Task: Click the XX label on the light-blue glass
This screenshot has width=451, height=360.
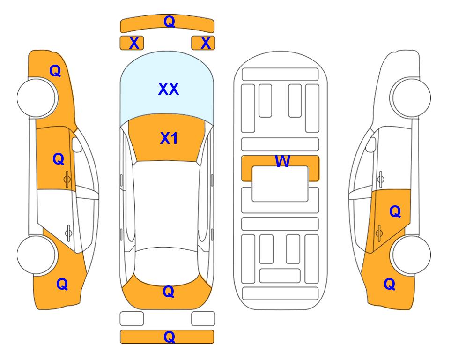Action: tap(169, 89)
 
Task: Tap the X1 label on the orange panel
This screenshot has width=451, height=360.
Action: tap(169, 138)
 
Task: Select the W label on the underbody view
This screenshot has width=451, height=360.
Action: tap(282, 161)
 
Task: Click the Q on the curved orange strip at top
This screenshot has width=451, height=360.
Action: tap(169, 21)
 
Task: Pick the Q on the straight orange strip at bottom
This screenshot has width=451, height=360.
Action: tap(169, 337)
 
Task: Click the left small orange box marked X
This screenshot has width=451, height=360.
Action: tap(132, 43)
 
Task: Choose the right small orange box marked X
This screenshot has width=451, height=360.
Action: tap(203, 43)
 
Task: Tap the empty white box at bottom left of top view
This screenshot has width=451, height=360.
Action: tap(132, 319)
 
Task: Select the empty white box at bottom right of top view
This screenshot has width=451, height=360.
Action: tap(203, 319)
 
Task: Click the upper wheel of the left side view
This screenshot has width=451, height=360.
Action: tap(37, 97)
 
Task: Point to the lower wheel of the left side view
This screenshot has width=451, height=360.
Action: tap(37, 255)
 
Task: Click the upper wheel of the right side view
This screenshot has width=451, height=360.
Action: tap(411, 97)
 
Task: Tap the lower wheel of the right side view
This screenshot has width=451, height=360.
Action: tap(411, 255)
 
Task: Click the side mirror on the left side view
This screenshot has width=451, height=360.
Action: tap(77, 144)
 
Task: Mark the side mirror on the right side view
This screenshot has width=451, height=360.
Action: tap(371, 144)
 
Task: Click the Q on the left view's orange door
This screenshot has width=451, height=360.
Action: tap(59, 159)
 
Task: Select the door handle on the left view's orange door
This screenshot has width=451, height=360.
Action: tap(67, 179)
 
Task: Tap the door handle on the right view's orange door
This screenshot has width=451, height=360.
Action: tap(379, 233)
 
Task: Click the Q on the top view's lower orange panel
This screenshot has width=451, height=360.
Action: tap(168, 292)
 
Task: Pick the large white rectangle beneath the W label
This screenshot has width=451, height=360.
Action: tap(280, 184)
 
